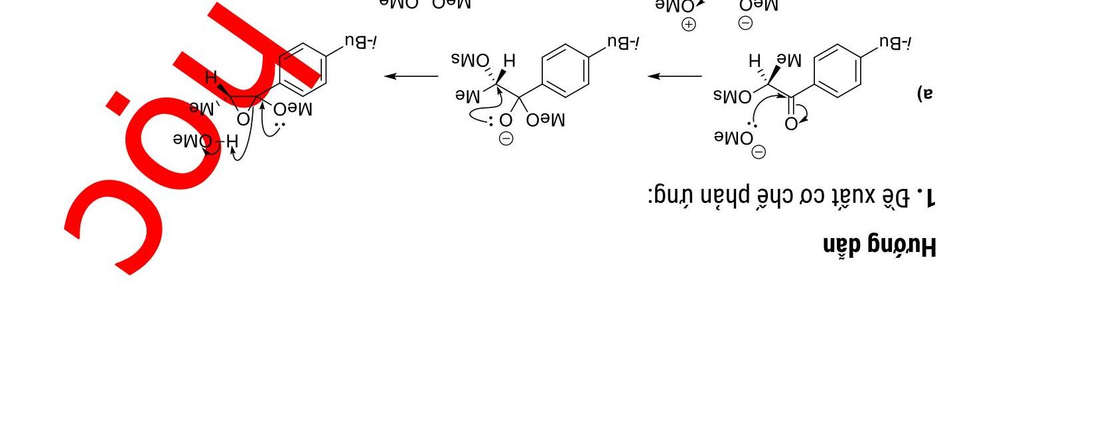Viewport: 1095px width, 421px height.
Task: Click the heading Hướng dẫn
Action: tap(879, 246)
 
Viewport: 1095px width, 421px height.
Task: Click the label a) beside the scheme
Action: tap(925, 93)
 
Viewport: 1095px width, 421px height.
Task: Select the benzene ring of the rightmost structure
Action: tap(837, 71)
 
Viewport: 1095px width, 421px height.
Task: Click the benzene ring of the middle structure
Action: tap(565, 71)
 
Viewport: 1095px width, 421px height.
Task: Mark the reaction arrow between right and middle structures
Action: tap(675, 76)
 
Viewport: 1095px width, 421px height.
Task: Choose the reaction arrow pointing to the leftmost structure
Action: tap(411, 76)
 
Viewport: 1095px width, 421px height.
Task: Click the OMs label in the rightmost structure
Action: tap(733, 96)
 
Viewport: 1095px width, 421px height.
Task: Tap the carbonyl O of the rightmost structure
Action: tap(790, 124)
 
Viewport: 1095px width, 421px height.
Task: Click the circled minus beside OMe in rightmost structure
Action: tap(759, 152)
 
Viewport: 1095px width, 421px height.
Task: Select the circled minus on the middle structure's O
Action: tap(506, 139)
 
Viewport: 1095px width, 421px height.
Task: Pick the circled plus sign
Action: tap(689, 25)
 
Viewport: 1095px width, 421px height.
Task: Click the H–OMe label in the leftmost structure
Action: tap(205, 141)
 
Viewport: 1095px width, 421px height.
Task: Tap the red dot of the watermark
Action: tap(117, 103)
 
